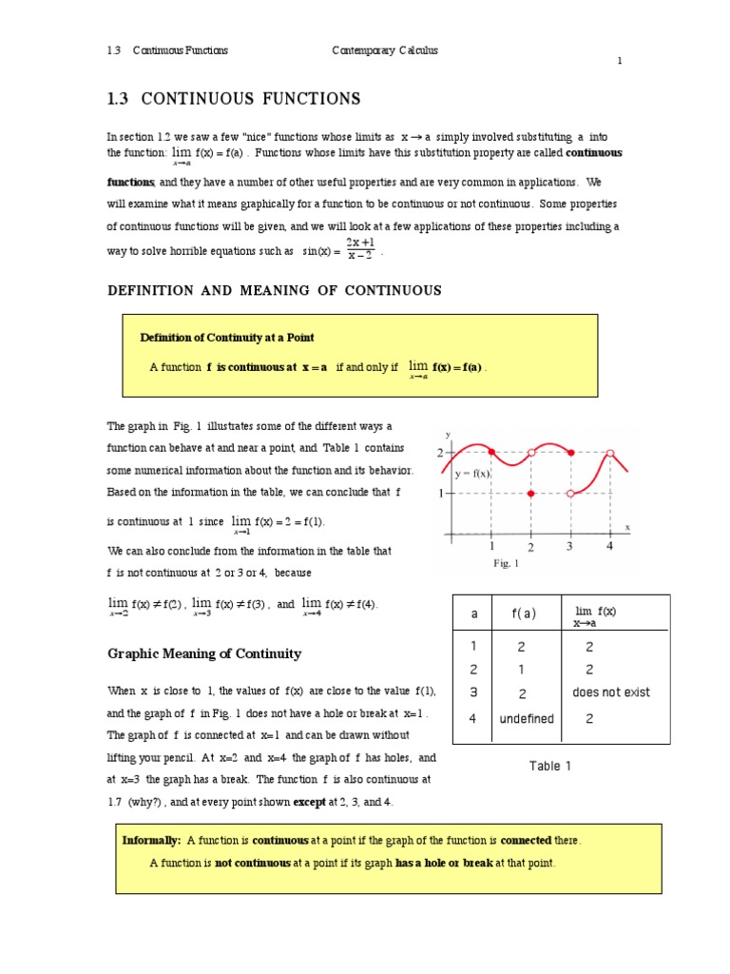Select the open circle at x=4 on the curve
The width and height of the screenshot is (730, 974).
tap(610, 454)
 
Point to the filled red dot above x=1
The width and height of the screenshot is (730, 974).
tap(491, 453)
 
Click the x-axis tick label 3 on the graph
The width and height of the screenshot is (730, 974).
tap(570, 547)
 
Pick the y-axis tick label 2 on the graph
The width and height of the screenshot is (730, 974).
tap(440, 454)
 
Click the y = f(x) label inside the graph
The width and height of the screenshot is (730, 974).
tap(472, 474)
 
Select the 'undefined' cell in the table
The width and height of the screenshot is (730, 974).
tap(526, 719)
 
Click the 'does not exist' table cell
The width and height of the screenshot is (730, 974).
tap(611, 692)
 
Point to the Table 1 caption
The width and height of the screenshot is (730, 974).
tap(550, 766)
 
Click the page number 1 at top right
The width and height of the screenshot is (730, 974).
tap(620, 61)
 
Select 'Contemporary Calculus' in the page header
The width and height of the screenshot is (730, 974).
tap(384, 50)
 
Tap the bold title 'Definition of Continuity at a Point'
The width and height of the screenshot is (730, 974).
tap(227, 337)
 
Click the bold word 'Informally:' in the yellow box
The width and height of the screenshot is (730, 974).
tap(152, 841)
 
